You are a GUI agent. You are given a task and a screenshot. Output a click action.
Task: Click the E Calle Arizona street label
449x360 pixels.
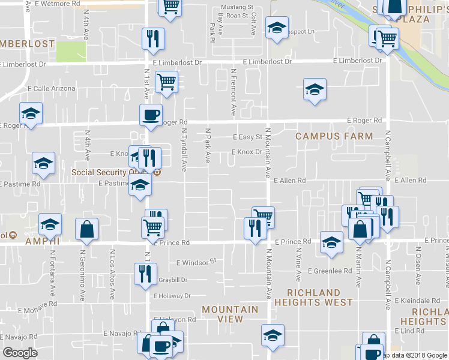tap(50, 89)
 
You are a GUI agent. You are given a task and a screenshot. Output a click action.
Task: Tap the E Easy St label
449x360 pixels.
tap(247, 137)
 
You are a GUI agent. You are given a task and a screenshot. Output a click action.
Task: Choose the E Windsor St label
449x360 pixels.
tap(196, 262)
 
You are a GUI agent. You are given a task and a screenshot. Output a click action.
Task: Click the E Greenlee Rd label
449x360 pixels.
tap(330, 271)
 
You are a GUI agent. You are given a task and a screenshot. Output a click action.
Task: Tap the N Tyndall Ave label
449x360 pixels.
tap(184, 149)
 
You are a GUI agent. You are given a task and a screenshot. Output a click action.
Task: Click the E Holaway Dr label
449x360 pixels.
tap(172, 296)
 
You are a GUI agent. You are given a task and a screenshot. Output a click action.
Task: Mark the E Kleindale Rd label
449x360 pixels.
tap(418, 300)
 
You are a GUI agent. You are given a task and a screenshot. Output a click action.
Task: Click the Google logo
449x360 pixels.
tap(20, 353)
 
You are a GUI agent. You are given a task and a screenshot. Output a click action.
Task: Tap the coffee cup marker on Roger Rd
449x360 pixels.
tap(151, 114)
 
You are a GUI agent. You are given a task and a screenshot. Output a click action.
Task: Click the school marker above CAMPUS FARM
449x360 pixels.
tap(315, 89)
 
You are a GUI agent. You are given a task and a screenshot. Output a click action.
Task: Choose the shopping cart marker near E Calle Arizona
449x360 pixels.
tap(166, 82)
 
